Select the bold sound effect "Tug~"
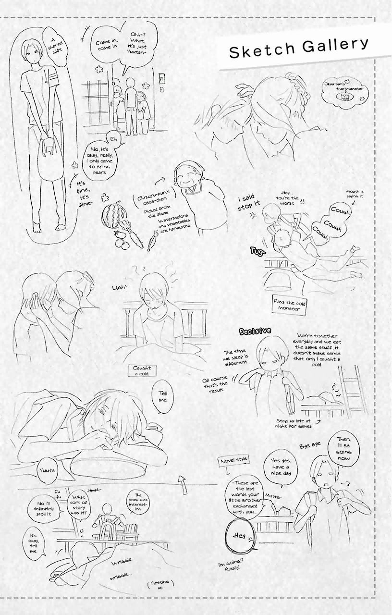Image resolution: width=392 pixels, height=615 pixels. (x=258, y=251)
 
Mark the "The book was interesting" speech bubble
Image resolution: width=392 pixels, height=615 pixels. (x=139, y=501)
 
